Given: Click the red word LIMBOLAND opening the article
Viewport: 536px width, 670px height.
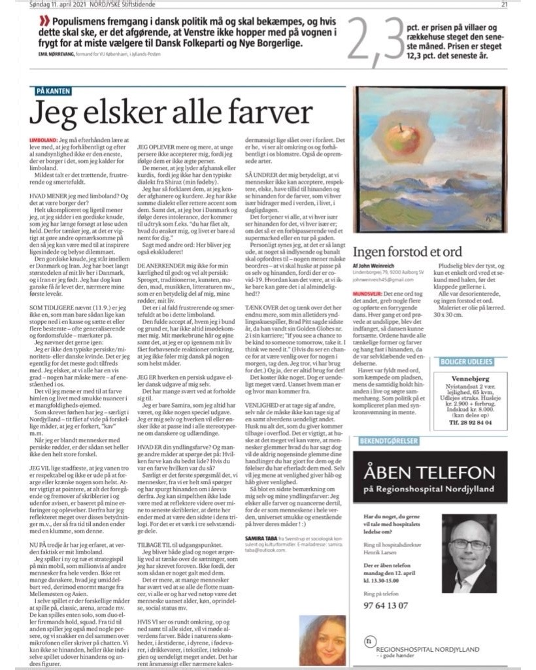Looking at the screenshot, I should [x=43, y=141].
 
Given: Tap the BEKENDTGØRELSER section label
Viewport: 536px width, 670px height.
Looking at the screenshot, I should [x=386, y=440].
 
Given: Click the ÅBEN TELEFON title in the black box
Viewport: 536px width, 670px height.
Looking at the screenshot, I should [x=429, y=472].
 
